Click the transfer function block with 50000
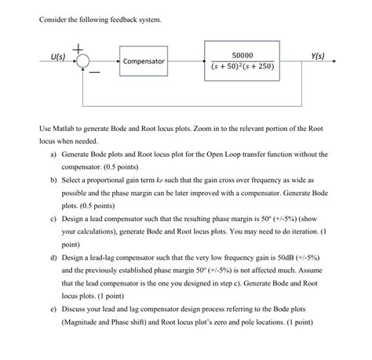(243, 60)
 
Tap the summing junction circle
(82, 60)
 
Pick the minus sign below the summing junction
(94, 72)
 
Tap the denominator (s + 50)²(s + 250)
(243, 67)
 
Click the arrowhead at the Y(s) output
(338, 60)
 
